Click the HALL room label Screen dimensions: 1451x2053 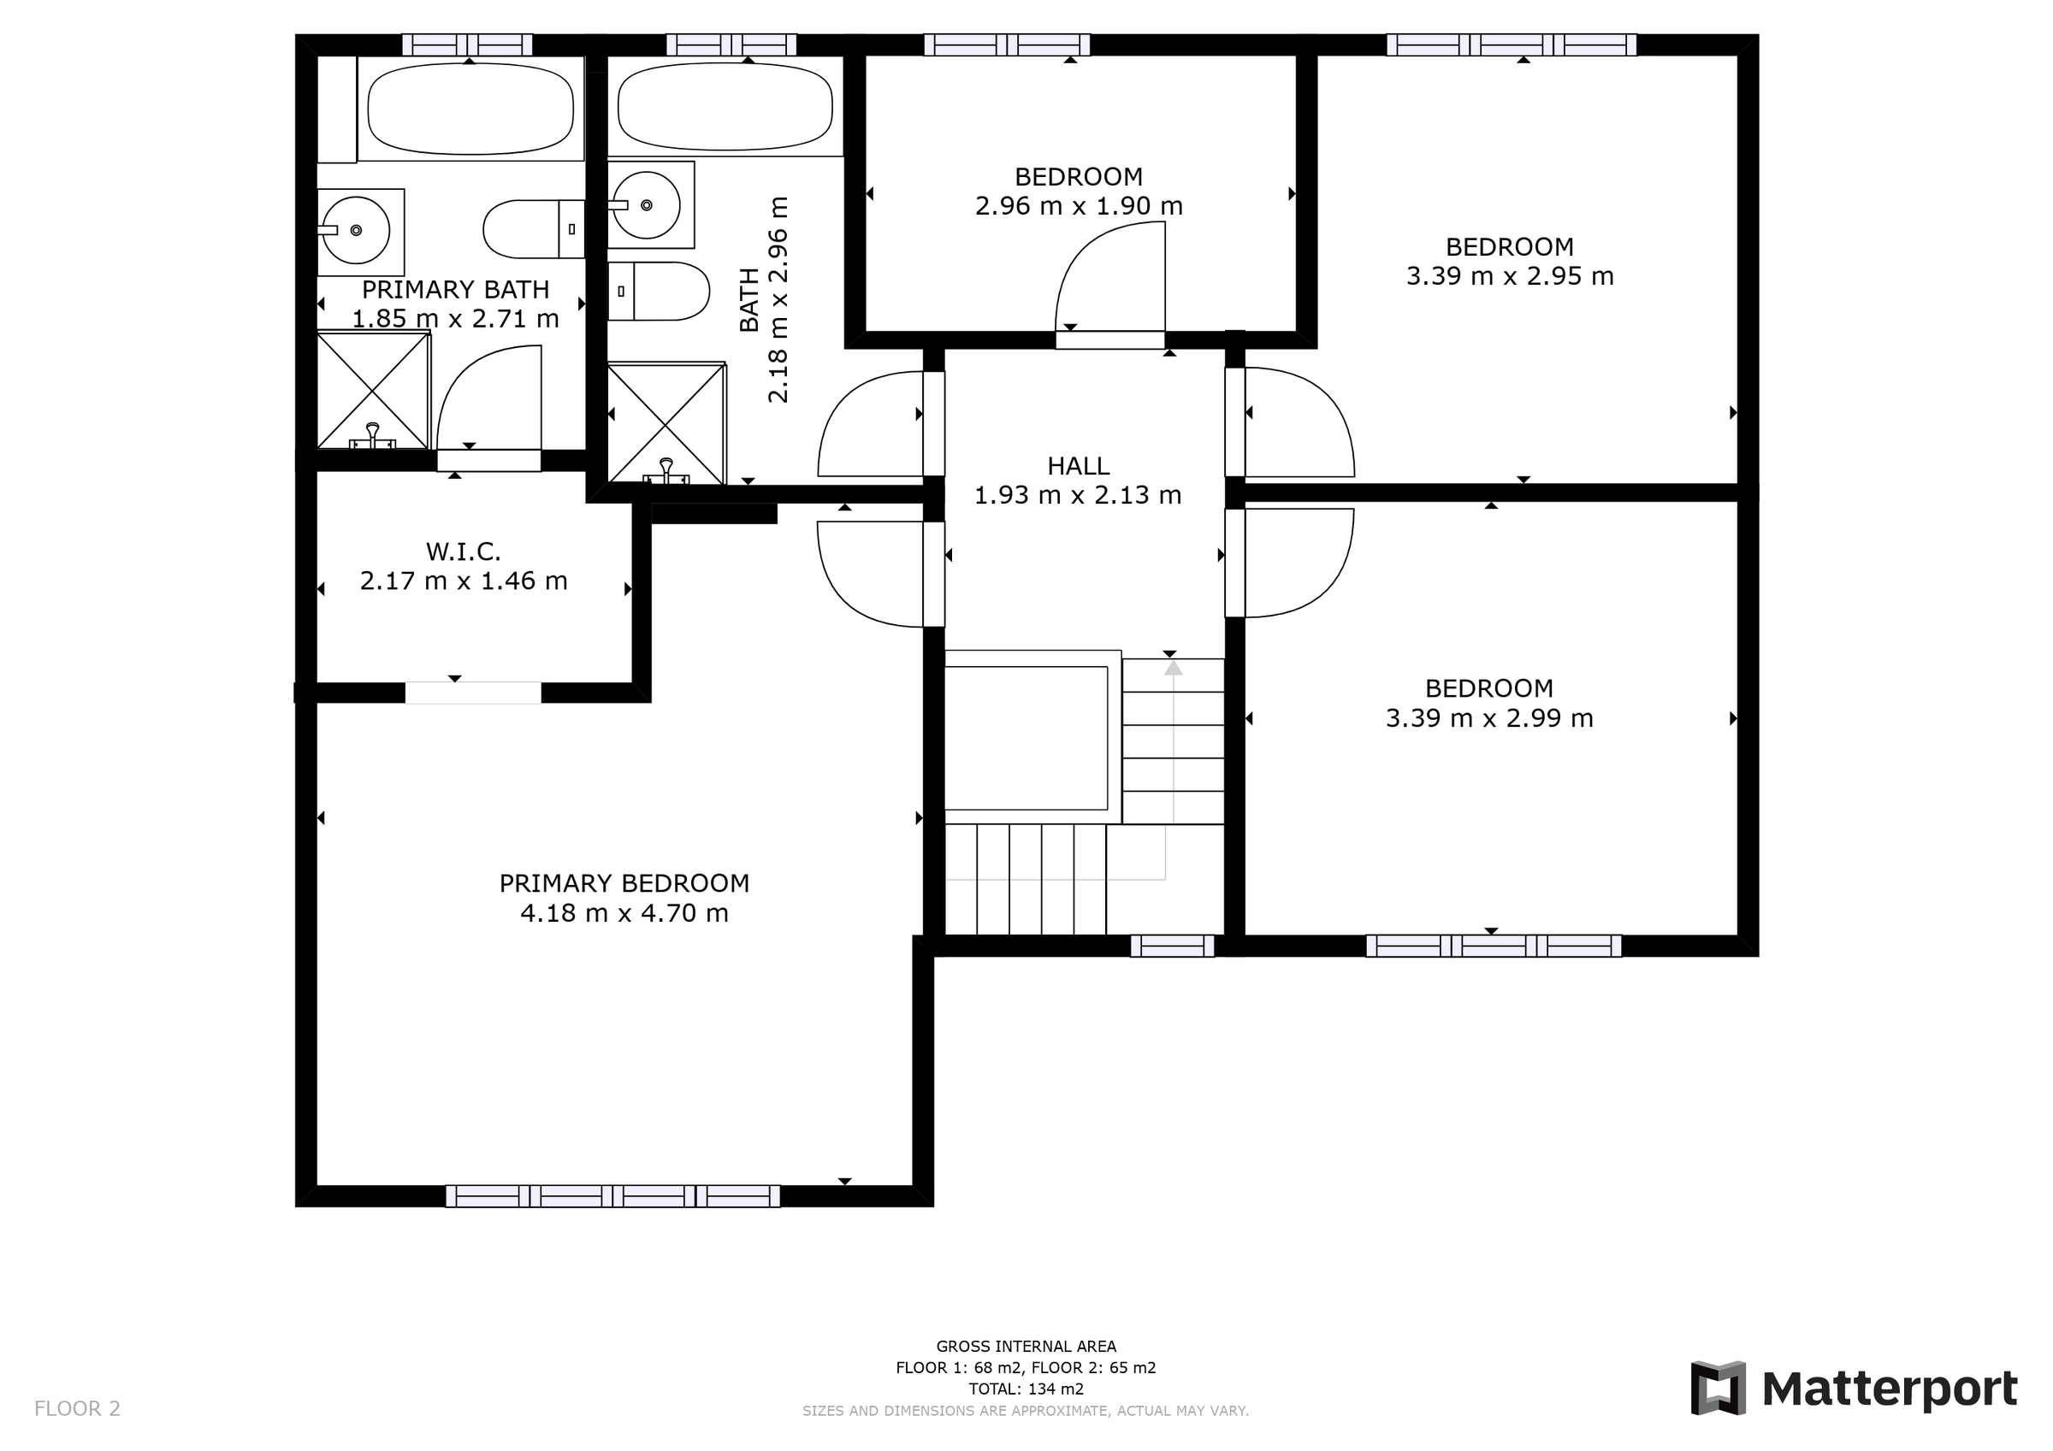(x=1079, y=466)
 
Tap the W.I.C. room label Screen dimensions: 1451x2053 (x=463, y=551)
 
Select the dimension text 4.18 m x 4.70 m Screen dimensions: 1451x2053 (x=624, y=913)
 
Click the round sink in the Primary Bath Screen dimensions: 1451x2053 (x=356, y=231)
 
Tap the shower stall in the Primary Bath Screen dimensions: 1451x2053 (x=374, y=390)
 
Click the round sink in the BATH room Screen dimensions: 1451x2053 (x=646, y=205)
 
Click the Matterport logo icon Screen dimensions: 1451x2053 (x=1717, y=1389)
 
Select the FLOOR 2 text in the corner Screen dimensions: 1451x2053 (x=77, y=1409)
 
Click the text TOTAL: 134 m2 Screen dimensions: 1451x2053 (x=1026, y=1389)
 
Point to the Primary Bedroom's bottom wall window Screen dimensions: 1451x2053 (x=612, y=1196)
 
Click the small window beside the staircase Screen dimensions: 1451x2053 (x=1172, y=946)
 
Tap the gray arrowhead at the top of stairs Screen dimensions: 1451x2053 (x=1173, y=667)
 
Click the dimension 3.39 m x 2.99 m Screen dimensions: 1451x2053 (x=1488, y=718)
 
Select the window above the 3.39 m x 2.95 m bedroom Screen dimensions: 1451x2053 (x=1512, y=44)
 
